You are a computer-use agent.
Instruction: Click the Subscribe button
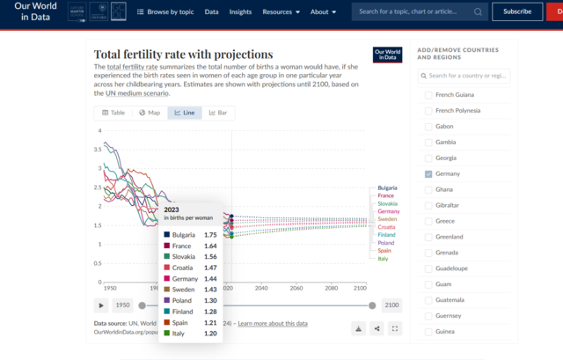click(x=517, y=11)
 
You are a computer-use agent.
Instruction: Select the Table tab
click(x=113, y=113)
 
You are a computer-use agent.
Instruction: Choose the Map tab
click(x=149, y=113)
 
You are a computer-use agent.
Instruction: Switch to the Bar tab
click(x=217, y=113)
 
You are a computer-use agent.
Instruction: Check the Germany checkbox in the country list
click(x=428, y=173)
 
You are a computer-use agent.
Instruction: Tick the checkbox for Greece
click(x=428, y=221)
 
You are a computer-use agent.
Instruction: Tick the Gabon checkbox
click(x=428, y=126)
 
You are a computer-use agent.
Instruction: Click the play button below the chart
click(x=102, y=305)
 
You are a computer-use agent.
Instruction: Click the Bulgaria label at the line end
click(x=387, y=188)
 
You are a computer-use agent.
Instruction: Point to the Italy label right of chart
click(x=383, y=259)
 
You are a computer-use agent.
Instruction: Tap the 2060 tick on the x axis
click(x=296, y=288)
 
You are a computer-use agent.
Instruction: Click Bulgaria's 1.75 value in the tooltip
click(x=209, y=235)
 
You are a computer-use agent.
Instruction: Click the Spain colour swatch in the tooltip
click(x=166, y=321)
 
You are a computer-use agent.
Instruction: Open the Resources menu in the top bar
click(x=281, y=12)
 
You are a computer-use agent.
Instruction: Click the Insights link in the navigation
click(x=240, y=12)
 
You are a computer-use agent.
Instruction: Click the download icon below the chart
click(x=359, y=328)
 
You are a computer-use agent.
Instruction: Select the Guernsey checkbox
click(x=428, y=315)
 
